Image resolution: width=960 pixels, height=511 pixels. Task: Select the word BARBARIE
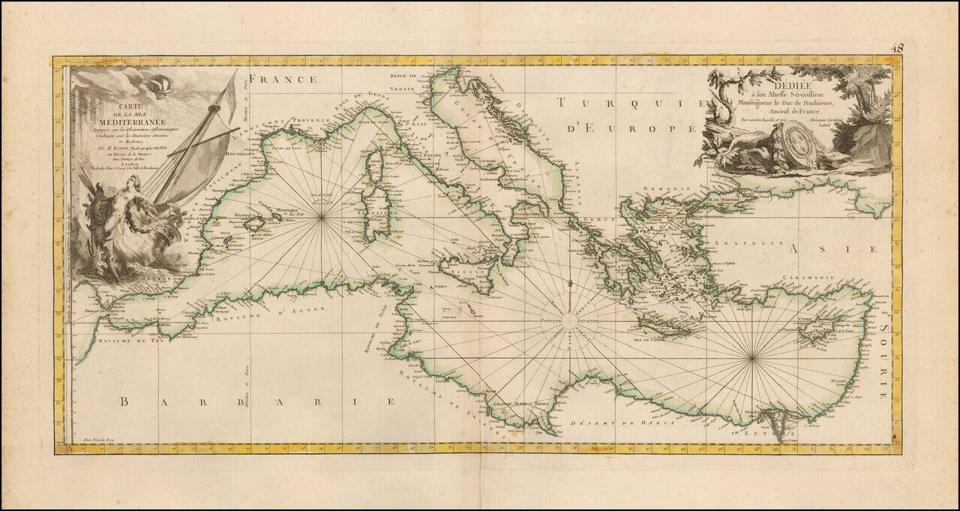click(256, 401)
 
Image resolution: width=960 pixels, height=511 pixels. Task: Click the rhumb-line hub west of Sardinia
click(322, 218)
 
